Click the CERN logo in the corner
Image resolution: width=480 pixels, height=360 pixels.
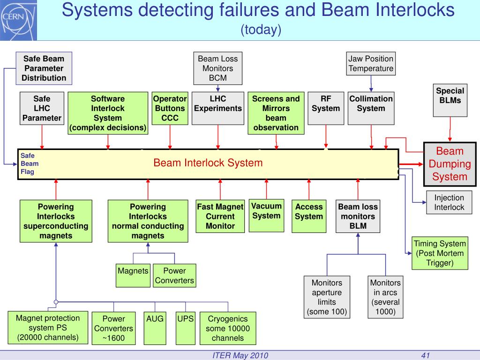(13, 18)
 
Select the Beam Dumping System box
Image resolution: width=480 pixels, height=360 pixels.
(450, 164)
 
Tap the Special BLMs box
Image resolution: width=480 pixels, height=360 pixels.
(450, 100)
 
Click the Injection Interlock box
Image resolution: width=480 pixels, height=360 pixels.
(449, 202)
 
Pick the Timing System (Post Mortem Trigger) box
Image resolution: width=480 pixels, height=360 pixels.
(440, 253)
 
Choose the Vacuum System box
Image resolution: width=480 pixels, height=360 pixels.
(266, 215)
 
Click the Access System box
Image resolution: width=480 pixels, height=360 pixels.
(309, 216)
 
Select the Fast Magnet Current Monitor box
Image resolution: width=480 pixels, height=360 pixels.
(220, 216)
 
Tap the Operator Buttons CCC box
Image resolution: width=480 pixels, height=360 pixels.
(170, 108)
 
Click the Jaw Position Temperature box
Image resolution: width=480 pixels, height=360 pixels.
(371, 64)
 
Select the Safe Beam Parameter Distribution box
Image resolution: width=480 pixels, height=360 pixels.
(44, 68)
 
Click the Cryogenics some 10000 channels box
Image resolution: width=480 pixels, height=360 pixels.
(228, 328)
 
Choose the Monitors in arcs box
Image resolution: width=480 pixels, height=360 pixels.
(385, 297)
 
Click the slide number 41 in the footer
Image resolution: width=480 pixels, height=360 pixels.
(426, 355)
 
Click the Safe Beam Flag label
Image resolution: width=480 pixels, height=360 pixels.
(28, 164)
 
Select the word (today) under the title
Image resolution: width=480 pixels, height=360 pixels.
(261, 30)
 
